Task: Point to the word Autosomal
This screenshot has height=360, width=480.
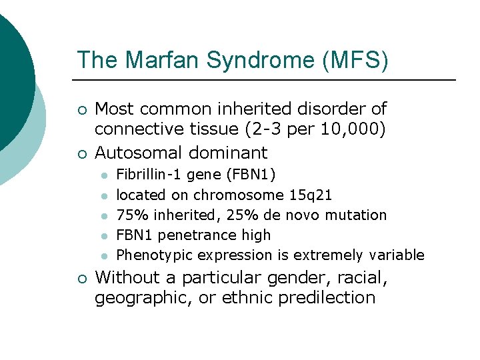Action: click(139, 153)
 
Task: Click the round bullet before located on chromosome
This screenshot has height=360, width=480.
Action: click(105, 195)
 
